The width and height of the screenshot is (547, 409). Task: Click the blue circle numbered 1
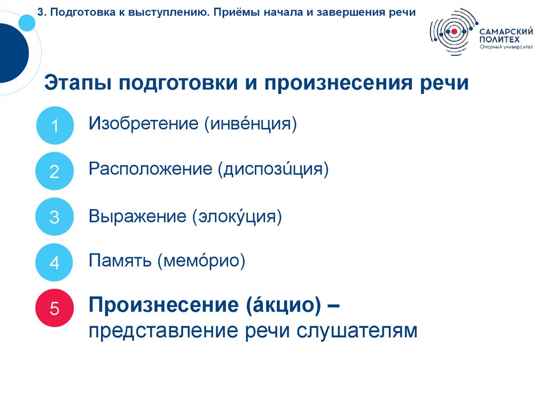tap(54, 126)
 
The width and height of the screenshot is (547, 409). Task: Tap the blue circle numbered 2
tap(54, 171)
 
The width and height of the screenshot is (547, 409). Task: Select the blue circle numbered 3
tap(54, 217)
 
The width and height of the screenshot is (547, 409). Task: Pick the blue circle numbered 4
tap(54, 263)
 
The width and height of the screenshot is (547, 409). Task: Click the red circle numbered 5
tap(54, 308)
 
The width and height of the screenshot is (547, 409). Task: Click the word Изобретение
tap(144, 124)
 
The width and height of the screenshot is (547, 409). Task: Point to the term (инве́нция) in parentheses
tap(249, 124)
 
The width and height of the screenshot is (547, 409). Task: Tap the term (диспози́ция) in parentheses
tap(272, 170)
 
